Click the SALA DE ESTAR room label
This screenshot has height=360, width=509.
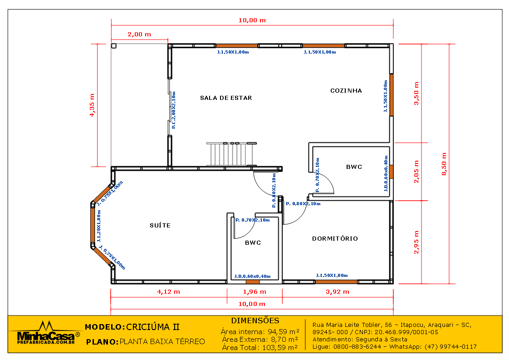click(x=226, y=98)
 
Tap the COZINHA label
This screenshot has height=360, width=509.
click(x=346, y=91)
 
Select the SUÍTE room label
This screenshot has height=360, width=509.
click(x=160, y=225)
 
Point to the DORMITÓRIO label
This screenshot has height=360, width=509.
click(x=335, y=238)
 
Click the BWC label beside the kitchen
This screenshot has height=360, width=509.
click(x=354, y=167)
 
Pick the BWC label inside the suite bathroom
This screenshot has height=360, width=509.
click(x=253, y=242)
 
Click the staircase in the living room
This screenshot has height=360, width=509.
click(x=231, y=154)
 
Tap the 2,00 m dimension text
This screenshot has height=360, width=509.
click(x=139, y=34)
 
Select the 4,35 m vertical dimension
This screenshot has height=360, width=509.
click(x=92, y=105)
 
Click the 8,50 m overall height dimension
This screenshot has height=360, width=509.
click(x=444, y=164)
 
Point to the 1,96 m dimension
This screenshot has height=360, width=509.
click(x=254, y=292)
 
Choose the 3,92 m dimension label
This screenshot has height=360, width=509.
click(x=338, y=292)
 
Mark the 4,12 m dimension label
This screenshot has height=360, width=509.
click(x=168, y=292)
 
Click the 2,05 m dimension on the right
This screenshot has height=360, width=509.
click(x=416, y=172)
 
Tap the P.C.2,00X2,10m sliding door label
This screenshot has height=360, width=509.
click(x=174, y=110)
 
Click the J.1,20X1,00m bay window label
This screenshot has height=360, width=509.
click(x=99, y=226)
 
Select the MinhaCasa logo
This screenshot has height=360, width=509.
click(x=45, y=333)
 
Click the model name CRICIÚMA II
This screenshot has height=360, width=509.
click(x=152, y=327)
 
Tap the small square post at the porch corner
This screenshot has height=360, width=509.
click(x=113, y=46)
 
